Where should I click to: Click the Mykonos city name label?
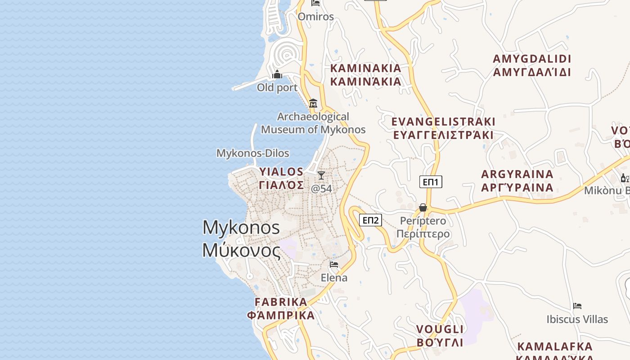tap(242, 238)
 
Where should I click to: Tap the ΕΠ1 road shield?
tap(431, 182)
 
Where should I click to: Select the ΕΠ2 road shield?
tap(371, 220)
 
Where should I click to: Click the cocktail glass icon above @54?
tap(321, 175)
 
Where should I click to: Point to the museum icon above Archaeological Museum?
tap(313, 103)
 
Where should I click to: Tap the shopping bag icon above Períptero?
tap(423, 207)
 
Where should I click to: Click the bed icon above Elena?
tap(334, 264)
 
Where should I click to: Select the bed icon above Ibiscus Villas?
tap(577, 306)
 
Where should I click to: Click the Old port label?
tap(277, 87)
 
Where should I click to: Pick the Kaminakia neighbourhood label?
tap(366, 75)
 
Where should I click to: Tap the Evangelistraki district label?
tap(443, 128)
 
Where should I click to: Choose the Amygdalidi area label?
tap(532, 65)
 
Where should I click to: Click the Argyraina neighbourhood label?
tap(517, 181)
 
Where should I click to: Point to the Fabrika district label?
tap(281, 308)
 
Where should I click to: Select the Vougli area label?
tap(440, 336)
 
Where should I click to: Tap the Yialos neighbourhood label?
tap(282, 178)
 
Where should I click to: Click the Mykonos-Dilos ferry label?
tap(253, 153)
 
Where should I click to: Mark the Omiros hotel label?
tap(316, 17)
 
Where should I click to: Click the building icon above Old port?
tap(278, 74)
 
